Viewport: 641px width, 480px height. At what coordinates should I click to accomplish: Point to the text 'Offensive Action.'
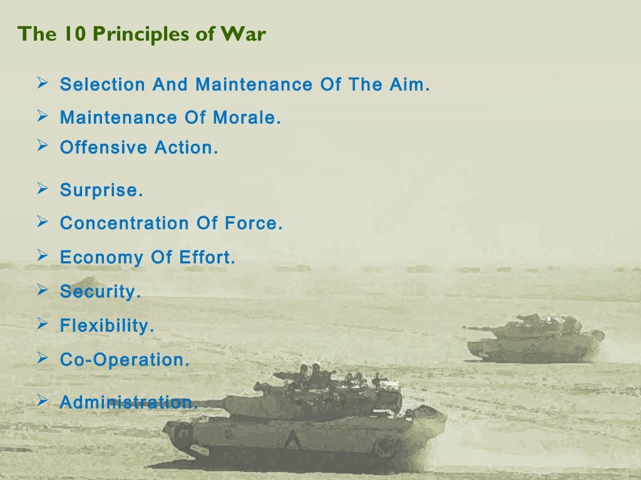coord(139,148)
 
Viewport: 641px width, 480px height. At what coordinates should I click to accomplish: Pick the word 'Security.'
coord(100,292)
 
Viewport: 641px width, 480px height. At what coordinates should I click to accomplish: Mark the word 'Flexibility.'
coord(106,326)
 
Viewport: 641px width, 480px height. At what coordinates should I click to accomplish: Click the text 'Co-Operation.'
coord(125,359)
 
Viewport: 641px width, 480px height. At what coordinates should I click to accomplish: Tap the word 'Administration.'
coord(128,402)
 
